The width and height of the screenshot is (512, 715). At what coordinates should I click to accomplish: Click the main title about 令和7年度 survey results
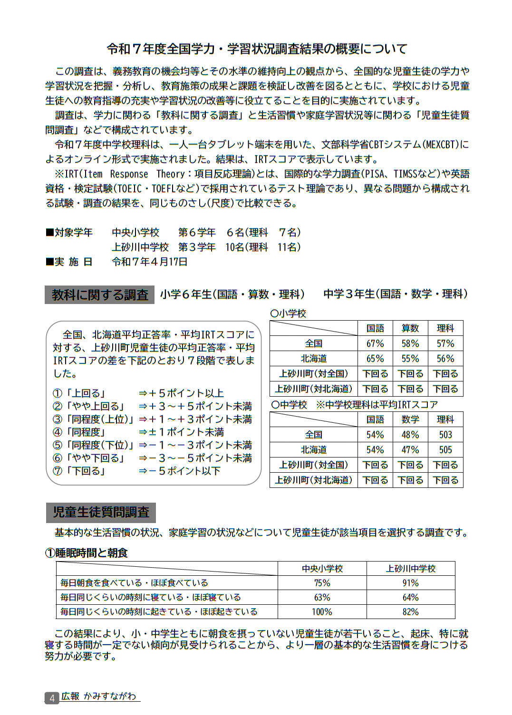(257, 49)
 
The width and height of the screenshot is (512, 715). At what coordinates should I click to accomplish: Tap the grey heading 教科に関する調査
(100, 295)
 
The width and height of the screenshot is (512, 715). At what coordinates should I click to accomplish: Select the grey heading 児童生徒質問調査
(101, 512)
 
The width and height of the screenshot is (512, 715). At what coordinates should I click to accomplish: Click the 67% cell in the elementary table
(375, 343)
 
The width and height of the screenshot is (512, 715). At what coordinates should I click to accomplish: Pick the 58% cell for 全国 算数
(410, 343)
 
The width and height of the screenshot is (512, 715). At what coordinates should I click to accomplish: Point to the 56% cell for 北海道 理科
(445, 359)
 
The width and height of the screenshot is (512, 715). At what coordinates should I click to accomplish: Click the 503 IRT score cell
(445, 435)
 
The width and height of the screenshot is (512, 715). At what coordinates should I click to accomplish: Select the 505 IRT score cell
(445, 450)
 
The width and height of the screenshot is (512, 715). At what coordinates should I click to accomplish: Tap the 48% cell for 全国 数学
(410, 435)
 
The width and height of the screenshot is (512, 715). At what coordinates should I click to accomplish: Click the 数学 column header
(410, 419)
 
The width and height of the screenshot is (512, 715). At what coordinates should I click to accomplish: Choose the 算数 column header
(410, 328)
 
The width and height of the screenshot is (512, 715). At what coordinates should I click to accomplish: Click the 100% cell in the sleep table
(322, 612)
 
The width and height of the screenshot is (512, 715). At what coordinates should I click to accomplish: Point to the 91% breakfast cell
(410, 583)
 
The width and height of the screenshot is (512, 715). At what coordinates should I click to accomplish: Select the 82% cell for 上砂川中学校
(410, 612)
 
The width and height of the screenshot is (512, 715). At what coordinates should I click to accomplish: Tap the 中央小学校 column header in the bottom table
(322, 569)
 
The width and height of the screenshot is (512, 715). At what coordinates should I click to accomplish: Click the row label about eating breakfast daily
(135, 583)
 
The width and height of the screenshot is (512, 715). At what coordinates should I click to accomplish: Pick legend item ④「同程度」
(79, 432)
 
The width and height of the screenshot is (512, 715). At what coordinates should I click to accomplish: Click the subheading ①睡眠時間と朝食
(87, 553)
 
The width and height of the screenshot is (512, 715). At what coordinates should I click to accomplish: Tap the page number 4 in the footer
(52, 698)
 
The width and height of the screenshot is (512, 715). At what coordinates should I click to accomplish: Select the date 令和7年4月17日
(150, 262)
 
